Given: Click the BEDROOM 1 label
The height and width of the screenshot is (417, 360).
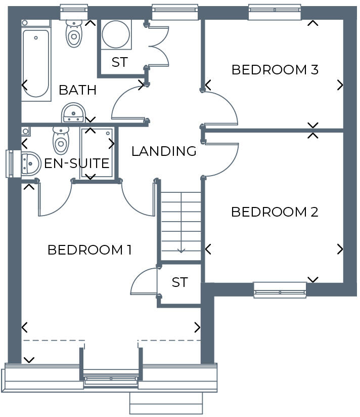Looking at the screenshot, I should point(89,250).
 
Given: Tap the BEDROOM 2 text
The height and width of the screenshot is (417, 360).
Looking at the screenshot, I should point(275,212).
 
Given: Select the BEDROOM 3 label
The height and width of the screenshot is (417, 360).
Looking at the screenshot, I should point(275,70).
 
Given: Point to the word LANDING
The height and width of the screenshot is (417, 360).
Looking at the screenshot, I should point(164,151).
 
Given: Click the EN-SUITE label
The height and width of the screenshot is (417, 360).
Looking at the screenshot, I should point(77,163).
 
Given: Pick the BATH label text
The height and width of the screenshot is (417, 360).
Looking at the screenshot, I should point(77,91).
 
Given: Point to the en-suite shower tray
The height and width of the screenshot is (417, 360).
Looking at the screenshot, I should point(98,152).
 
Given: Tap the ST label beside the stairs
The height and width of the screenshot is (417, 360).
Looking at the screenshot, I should point(179,282).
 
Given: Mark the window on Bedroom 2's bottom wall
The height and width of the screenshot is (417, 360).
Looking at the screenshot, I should point(280,289).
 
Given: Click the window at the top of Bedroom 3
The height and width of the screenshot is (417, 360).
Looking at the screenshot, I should point(275,12).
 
